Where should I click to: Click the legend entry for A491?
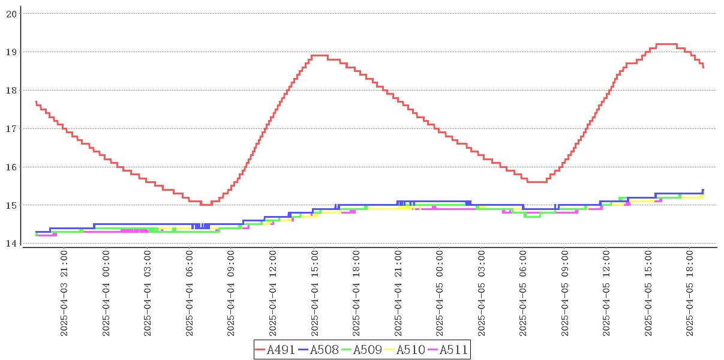coord(275,350)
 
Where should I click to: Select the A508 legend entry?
coord(319,350)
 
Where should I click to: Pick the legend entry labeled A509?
coord(362,350)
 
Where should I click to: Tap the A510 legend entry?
coord(405,350)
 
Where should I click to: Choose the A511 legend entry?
coord(447,350)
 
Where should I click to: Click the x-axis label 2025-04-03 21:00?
coord(64,295)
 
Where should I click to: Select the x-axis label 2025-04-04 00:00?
coord(106,295)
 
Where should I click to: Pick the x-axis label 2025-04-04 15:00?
coord(315,295)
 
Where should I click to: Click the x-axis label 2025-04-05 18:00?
coord(690,295)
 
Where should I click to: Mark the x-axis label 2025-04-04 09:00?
coord(232,295)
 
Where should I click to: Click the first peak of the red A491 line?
coord(319,55)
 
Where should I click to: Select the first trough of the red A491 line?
coord(206,205)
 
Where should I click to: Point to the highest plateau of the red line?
coord(666,44)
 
